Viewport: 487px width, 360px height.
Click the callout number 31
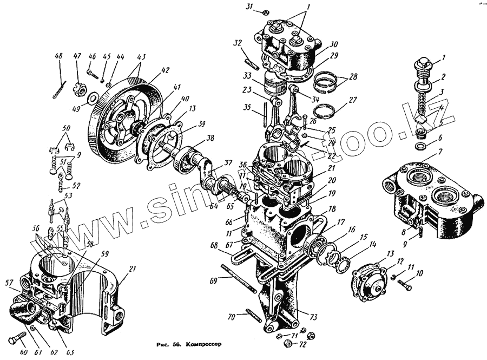(249, 6)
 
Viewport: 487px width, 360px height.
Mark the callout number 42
(150, 69)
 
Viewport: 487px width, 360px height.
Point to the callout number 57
(8, 282)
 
